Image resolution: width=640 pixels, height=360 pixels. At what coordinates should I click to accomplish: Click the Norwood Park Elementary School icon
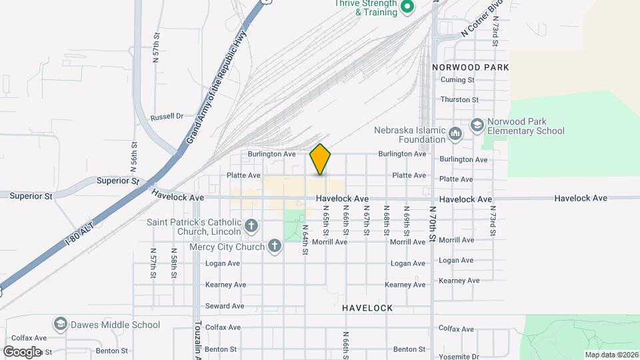[x=477, y=125]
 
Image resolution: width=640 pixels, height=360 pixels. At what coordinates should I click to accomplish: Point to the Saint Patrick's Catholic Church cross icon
[x=251, y=226]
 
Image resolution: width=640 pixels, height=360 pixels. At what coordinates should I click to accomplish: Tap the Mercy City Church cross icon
[x=273, y=247]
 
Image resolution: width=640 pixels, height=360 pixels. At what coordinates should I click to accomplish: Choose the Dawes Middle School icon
[x=61, y=325]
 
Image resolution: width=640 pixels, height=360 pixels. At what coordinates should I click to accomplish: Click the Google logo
[x=21, y=351]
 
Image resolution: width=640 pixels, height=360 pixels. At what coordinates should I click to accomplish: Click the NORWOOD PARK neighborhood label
[x=471, y=67]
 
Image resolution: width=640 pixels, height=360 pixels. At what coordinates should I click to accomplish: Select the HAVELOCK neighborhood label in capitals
[x=367, y=308]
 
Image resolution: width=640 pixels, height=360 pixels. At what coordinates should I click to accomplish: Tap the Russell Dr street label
[x=167, y=117]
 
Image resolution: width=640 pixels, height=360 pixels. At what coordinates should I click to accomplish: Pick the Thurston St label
[x=459, y=100]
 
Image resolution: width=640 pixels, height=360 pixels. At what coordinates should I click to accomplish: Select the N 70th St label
[x=433, y=227]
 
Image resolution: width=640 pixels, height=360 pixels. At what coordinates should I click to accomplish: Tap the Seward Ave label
[x=225, y=306]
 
